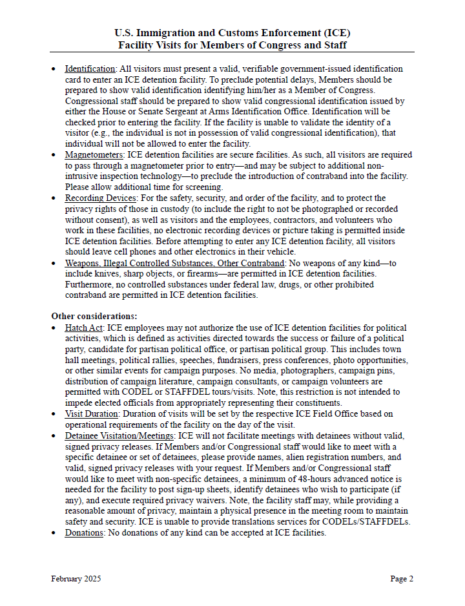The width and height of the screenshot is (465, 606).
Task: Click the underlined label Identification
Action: click(90, 68)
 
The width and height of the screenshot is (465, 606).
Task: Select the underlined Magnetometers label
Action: click(94, 155)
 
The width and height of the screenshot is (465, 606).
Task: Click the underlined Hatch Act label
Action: click(84, 328)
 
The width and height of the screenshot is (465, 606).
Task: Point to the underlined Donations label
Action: click(85, 533)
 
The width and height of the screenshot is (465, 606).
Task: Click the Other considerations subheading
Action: click(94, 317)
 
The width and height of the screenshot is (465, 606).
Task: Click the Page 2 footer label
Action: click(402, 579)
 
